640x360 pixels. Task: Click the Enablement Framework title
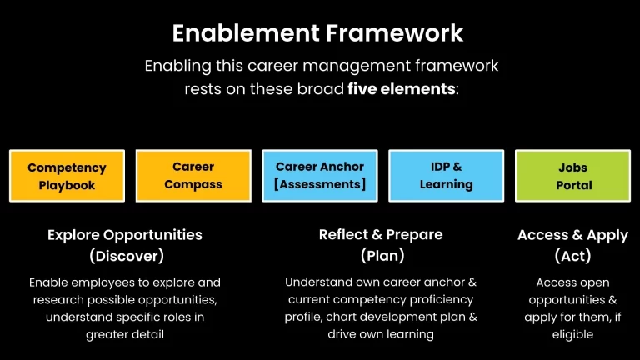[x=317, y=33]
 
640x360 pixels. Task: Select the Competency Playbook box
[x=67, y=176]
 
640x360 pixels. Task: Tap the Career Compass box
[x=193, y=176]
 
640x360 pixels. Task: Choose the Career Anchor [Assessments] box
[x=320, y=176]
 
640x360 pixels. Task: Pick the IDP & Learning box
[x=446, y=176]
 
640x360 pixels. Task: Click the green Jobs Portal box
[x=572, y=176]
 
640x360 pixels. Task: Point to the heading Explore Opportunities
[x=125, y=235]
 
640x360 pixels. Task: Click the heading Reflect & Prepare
[x=381, y=235]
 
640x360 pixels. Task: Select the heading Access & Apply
[x=572, y=235]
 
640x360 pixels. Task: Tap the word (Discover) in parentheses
[x=126, y=255]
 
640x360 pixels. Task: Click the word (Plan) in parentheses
[x=382, y=255]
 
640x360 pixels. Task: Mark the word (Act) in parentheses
[x=572, y=255]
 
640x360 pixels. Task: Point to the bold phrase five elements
[x=402, y=89]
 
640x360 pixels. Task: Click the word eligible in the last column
[x=572, y=334]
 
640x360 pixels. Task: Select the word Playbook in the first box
[x=67, y=185]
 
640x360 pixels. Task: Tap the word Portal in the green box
[x=573, y=185]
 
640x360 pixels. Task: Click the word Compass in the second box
[x=193, y=184]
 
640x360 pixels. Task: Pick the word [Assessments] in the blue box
[x=320, y=184]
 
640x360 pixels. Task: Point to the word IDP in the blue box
[x=438, y=167]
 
